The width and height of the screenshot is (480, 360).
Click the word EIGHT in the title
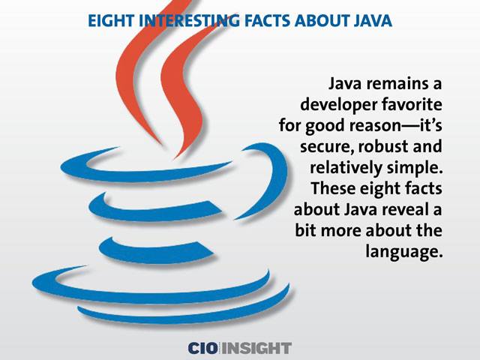point(111,21)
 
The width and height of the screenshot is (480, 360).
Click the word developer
point(339,105)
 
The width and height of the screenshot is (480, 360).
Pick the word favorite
point(412,104)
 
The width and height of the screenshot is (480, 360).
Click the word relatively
point(346,168)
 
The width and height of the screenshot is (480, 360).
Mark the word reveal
point(405,209)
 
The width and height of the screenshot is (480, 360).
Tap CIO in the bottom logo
point(203,348)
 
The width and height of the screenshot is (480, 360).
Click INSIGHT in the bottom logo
point(256,348)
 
